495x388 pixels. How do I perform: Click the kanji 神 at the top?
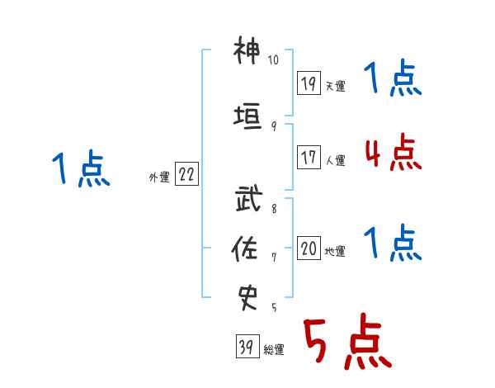[x=247, y=50]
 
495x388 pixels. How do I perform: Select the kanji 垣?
[x=247, y=116]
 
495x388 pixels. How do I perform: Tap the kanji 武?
[x=249, y=198]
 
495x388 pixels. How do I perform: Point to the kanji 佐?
[x=244, y=248]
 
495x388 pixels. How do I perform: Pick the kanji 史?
[x=247, y=298]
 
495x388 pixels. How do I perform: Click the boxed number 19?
[x=309, y=83]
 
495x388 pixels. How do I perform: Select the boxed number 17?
[x=309, y=157]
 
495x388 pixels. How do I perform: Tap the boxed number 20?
[x=309, y=248]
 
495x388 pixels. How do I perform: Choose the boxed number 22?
[x=186, y=173]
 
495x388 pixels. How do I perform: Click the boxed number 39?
[x=247, y=346]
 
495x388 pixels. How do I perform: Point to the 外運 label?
[x=159, y=177]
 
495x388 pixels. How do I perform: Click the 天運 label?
[x=335, y=86]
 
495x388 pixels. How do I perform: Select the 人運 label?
[x=335, y=160]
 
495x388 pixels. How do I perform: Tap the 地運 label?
[x=335, y=251]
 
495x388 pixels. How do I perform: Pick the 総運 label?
[x=274, y=350]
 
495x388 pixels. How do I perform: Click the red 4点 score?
[x=394, y=152]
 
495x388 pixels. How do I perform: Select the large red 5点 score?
[x=348, y=341]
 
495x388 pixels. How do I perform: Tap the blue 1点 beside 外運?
[x=81, y=168]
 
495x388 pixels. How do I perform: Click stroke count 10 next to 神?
[x=273, y=59]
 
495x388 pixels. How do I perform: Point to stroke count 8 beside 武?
[x=274, y=209]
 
